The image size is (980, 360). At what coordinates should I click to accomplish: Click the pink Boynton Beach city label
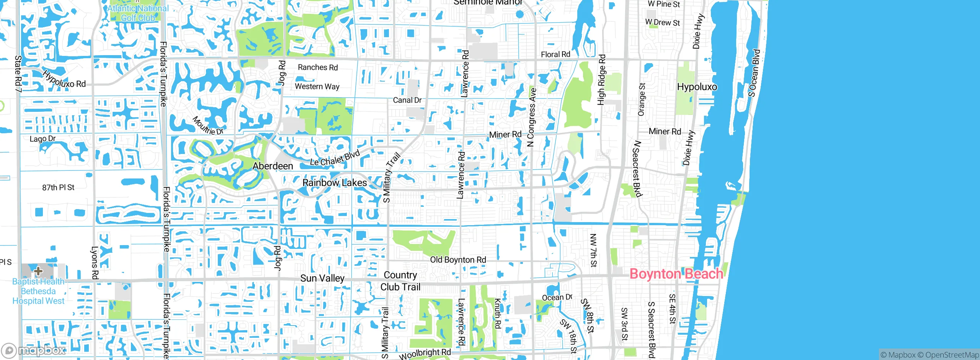[x=676, y=274]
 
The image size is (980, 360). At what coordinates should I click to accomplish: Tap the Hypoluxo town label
[x=697, y=87]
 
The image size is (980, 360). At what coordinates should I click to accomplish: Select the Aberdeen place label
[x=273, y=166]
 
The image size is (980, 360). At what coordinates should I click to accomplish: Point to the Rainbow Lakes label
[x=335, y=183]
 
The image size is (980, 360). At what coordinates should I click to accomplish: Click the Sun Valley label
[x=322, y=278]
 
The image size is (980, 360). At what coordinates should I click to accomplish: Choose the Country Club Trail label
[x=400, y=281]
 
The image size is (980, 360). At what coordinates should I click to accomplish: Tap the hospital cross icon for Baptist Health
[x=38, y=271]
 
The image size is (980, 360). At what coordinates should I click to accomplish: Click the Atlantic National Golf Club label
[x=138, y=13]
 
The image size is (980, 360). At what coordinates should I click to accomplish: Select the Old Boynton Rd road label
[x=458, y=260]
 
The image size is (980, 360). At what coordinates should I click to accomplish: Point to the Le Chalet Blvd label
[x=335, y=158]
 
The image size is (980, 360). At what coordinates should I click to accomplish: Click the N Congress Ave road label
[x=531, y=117]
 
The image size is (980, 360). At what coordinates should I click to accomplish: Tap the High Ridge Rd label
[x=601, y=80]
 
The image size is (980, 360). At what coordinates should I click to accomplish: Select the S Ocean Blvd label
[x=754, y=73]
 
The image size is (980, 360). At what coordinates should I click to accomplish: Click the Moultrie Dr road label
[x=207, y=126]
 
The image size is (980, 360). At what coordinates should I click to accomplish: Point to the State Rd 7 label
[x=18, y=74]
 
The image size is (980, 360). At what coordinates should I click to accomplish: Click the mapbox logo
[x=34, y=350]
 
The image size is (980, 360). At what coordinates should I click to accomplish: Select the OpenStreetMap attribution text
[x=948, y=355]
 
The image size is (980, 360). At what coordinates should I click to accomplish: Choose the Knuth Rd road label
[x=497, y=313]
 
